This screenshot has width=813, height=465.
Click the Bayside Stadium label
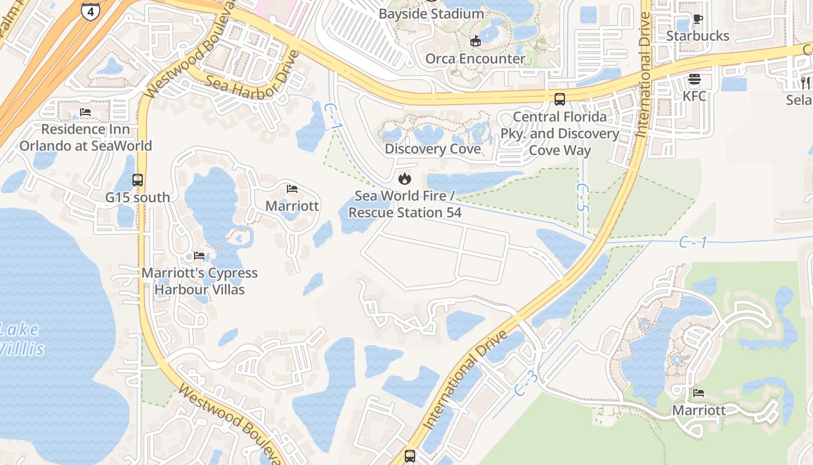[x=431, y=13]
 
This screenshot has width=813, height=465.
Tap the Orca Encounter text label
[x=475, y=58]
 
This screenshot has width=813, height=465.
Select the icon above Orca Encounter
[x=476, y=40]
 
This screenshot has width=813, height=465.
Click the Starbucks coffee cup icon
[x=697, y=19]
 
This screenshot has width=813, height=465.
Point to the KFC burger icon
[x=695, y=79]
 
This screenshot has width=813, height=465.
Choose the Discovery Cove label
[x=433, y=149]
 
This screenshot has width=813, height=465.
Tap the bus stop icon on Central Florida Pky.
[x=560, y=99]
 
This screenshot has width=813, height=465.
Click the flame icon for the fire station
[x=405, y=178]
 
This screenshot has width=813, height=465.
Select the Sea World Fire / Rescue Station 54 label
[x=405, y=204]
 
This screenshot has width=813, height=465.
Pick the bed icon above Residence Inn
[x=85, y=112]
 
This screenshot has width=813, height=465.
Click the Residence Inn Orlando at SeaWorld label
[x=86, y=137]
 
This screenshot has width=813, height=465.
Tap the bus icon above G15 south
[x=138, y=180]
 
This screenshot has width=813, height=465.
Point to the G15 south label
[x=138, y=198]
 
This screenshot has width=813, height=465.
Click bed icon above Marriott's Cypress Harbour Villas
[x=199, y=256]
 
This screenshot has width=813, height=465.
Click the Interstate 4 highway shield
[x=89, y=11]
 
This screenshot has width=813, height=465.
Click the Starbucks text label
[x=697, y=36]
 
